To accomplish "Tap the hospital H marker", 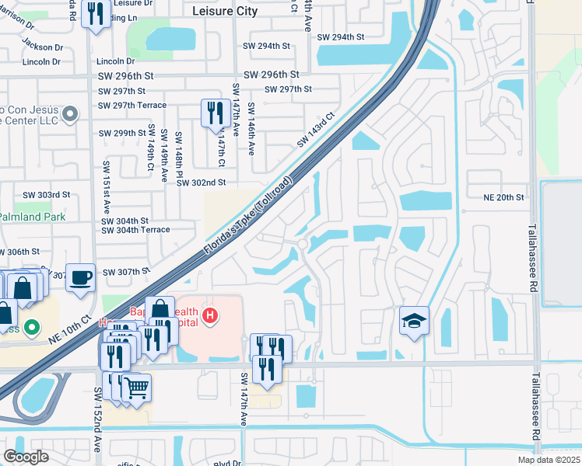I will (209, 315).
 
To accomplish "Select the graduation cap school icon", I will (415, 320).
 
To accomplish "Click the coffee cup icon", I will (81, 277).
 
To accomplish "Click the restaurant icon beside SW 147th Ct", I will (213, 113).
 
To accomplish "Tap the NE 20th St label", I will (504, 197).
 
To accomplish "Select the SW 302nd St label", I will (200, 183).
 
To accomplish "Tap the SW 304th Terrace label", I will (135, 230).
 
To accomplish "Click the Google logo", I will (26, 457).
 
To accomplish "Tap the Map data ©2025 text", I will (549, 460).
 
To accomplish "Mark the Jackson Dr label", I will (43, 47).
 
